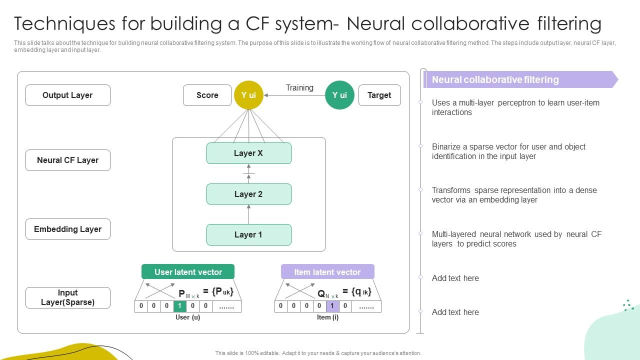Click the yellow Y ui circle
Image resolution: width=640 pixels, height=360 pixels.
pos(248,95)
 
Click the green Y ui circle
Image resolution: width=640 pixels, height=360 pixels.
pos(339,95)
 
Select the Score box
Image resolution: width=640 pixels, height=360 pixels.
pos(207,95)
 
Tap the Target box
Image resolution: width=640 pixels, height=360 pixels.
pos(379,95)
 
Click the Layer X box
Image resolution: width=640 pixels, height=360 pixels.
pos(248,153)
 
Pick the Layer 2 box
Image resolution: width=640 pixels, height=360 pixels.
pos(248,194)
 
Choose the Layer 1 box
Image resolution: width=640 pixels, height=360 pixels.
pos(248,234)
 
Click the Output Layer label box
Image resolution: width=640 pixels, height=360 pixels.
pos(67,95)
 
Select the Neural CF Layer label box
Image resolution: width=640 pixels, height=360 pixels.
pos(67,160)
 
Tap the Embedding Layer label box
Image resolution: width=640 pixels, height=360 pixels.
pos(67,229)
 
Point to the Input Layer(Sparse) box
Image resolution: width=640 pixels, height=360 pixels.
pos(67,297)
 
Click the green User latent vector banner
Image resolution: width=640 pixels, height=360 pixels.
pos(188,272)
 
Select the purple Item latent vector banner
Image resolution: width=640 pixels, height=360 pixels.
pos(327,272)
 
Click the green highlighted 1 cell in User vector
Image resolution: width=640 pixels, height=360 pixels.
pos(179,306)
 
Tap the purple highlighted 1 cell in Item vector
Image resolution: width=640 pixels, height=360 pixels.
pos(332,306)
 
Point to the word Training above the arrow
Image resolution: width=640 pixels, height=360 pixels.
pos(299,88)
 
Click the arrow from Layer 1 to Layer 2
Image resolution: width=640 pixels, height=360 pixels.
pos(248,214)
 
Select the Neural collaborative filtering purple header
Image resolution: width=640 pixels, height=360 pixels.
pos(520,79)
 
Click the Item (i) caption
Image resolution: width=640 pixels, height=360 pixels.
pos(327,317)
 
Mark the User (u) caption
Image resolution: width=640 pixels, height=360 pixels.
pos(187,317)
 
